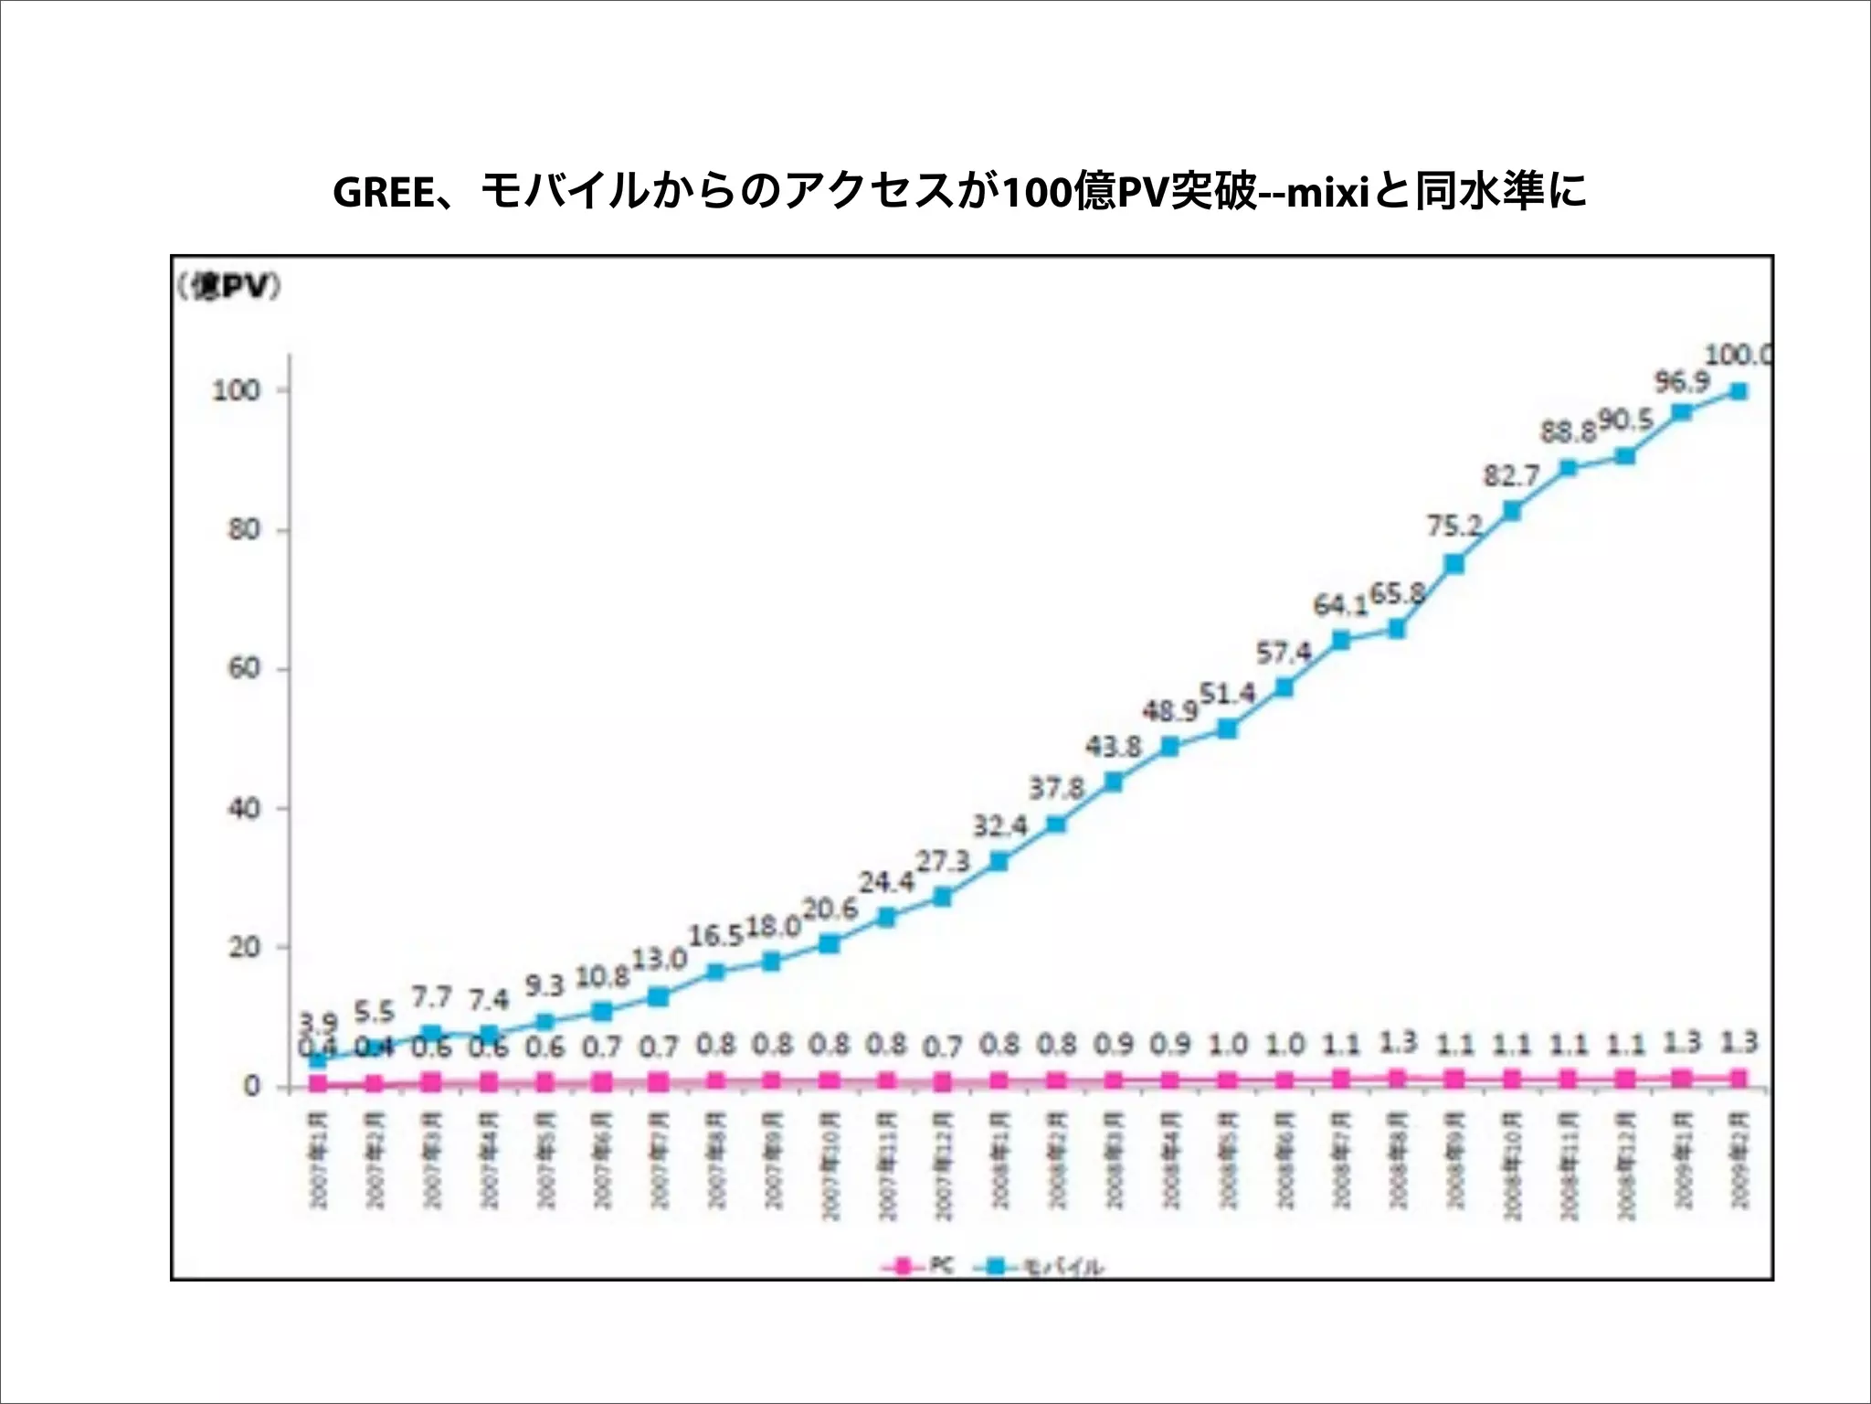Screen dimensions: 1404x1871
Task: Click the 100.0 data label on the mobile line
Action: pyautogui.click(x=1738, y=355)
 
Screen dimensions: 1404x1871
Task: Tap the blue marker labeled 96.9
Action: pyautogui.click(x=1681, y=412)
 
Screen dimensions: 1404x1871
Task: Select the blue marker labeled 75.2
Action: pyautogui.click(x=1454, y=564)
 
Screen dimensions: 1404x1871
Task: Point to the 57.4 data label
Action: pyautogui.click(x=1284, y=653)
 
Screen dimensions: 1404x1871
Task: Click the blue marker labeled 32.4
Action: pyautogui.click(x=999, y=861)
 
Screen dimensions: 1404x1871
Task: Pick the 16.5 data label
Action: pyautogui.click(x=715, y=936)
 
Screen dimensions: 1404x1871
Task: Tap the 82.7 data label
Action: pyautogui.click(x=1511, y=476)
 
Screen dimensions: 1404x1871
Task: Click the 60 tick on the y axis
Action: pyautogui.click(x=244, y=669)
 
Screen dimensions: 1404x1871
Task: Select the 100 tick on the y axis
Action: pyautogui.click(x=237, y=391)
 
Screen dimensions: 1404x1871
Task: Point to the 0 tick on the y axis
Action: pyautogui.click(x=252, y=1087)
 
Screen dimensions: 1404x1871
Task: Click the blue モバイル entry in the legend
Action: pyautogui.click(x=1041, y=1267)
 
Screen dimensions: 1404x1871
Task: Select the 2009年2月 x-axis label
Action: pyautogui.click(x=1739, y=1160)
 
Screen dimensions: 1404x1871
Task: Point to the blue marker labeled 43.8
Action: pyautogui.click(x=1113, y=782)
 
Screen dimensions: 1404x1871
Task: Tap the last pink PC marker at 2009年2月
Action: pyautogui.click(x=1739, y=1079)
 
